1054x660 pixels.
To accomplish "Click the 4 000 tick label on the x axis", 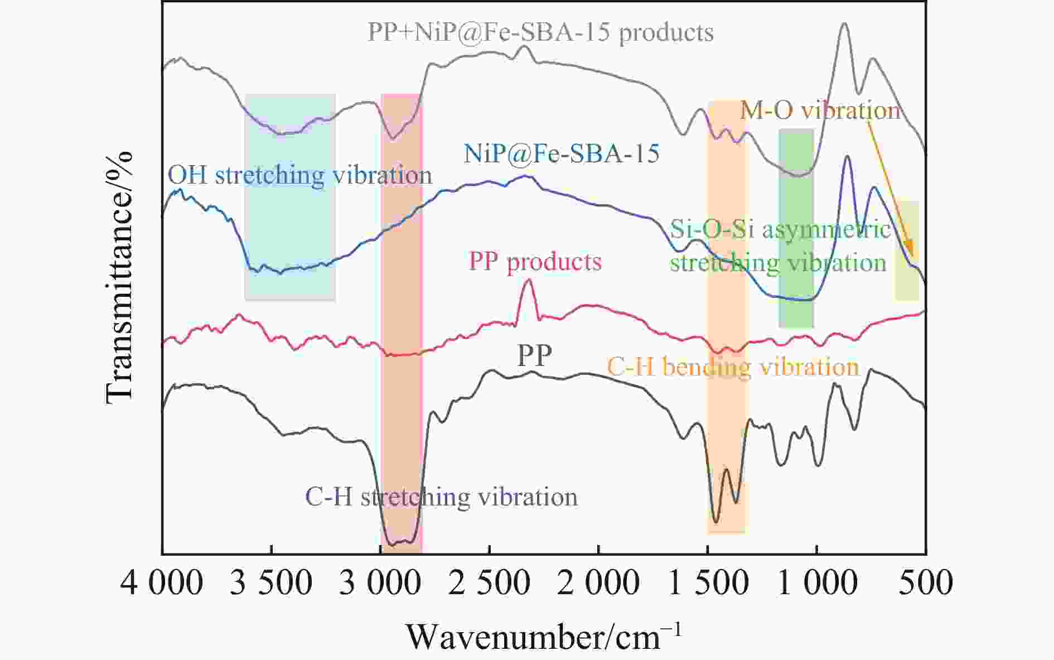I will point(162,583).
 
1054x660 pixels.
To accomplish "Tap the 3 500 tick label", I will point(271,583).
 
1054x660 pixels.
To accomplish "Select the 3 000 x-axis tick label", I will point(380,583).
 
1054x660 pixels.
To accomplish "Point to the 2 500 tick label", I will point(489,583).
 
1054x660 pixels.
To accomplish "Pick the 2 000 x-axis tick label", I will point(598,583).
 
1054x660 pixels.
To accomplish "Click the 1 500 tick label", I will point(708,583).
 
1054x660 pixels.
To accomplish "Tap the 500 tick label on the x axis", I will point(926,583).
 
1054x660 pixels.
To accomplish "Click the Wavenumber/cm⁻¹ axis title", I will point(543,637).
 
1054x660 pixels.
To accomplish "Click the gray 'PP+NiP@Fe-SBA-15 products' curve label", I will point(540,32).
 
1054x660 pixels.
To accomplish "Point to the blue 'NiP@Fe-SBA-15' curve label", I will point(562,153).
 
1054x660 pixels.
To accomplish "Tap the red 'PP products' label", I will point(535,262).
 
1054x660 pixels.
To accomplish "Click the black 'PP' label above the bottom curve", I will point(534,355).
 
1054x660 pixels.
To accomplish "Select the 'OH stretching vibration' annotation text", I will point(300,175).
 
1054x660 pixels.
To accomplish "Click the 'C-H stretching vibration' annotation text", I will point(441,497).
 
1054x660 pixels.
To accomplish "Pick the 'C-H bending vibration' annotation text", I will point(733,367).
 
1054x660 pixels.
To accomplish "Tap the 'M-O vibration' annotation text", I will point(820,110).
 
